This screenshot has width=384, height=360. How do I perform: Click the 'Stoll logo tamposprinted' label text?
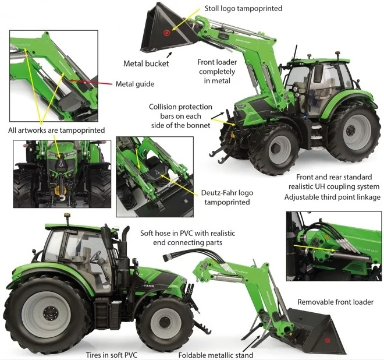[x=243, y=9]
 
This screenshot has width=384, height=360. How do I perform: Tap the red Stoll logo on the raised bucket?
[x=166, y=33]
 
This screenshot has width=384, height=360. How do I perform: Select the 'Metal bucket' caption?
[x=146, y=63]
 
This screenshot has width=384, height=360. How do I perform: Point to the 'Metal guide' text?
[x=135, y=84]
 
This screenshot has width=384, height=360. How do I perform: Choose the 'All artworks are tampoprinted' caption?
[x=56, y=130]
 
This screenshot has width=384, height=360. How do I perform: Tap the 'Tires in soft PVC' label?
[x=112, y=355]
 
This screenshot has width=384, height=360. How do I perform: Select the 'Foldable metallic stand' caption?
[x=216, y=355]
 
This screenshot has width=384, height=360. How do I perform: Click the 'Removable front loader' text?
[x=335, y=302]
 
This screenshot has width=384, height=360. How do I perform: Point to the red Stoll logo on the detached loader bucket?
[x=327, y=340]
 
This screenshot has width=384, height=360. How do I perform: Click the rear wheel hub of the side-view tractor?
[x=51, y=313]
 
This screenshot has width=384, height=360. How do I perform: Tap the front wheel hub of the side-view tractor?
[x=165, y=323]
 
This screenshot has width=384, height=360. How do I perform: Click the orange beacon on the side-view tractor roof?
[x=66, y=216]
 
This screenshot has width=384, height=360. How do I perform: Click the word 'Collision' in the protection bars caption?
[x=162, y=107]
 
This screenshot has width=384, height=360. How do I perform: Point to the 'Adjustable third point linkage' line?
[x=332, y=197]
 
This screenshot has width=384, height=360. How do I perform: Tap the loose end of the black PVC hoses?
[x=166, y=257]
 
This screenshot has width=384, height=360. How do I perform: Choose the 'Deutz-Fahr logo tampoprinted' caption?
[x=227, y=197]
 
